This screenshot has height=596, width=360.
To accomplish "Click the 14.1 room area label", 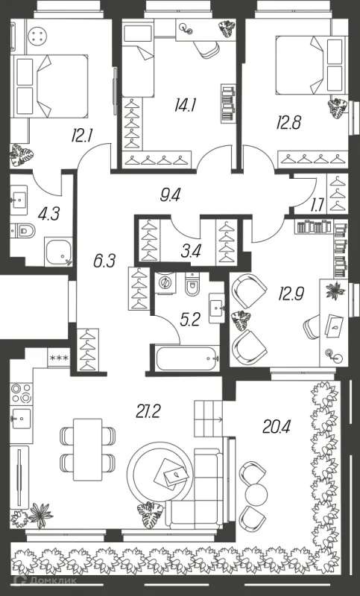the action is [x=185, y=105].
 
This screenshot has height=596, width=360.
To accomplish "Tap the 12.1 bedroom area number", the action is [x=82, y=135].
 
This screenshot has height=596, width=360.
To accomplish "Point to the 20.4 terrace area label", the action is [x=277, y=426].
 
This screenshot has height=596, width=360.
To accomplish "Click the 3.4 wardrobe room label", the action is [x=191, y=251].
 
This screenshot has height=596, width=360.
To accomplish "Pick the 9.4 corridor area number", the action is [x=170, y=196].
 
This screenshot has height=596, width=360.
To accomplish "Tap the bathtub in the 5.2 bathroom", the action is [x=187, y=358].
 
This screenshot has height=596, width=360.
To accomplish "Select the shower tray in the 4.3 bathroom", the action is [x=58, y=252].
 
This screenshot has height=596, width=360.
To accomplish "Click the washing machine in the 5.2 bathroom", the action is [x=165, y=282].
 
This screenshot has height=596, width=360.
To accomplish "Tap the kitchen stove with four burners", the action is [x=21, y=393].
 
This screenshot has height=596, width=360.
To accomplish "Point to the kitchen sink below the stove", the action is [x=21, y=418].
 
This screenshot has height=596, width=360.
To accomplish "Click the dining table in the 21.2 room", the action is [x=87, y=449].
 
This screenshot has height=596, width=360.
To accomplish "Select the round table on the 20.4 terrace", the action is [x=256, y=494].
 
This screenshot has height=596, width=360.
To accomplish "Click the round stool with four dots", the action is [x=37, y=37].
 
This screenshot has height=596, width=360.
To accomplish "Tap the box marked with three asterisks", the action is [x=59, y=358].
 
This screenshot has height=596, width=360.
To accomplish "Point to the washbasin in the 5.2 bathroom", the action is [x=217, y=308].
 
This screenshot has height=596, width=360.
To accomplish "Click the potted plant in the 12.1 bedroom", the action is [x=22, y=155].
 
